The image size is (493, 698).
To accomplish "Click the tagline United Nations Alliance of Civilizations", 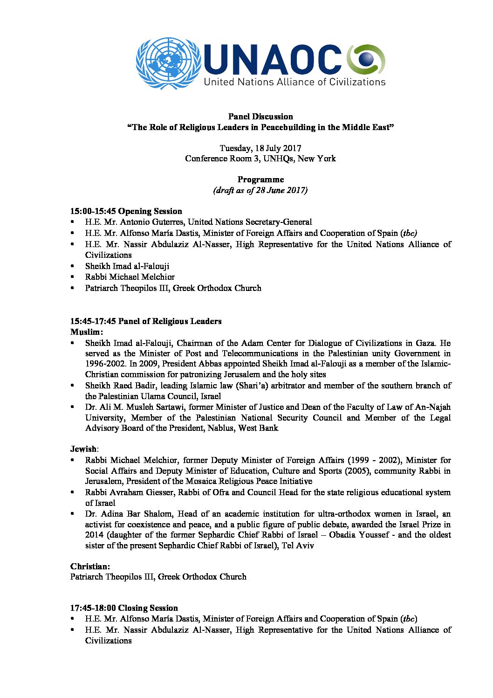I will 294,82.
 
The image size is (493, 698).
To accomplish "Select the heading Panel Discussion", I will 260,117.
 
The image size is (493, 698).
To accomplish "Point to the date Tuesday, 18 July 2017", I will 260,148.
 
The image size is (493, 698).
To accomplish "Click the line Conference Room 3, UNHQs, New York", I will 260,159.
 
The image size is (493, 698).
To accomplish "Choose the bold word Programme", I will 260,180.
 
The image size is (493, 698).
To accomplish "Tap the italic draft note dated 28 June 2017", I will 260,190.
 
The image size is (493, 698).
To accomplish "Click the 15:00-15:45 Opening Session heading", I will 126,211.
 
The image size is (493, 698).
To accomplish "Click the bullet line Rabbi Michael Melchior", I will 130,277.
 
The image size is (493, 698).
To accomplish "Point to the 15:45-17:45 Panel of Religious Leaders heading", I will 146,321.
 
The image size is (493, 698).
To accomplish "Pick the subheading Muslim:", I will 87,332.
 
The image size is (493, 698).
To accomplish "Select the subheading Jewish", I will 83,449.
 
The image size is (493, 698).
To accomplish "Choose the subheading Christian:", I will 90,567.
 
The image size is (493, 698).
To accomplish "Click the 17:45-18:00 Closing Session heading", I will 124,608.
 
